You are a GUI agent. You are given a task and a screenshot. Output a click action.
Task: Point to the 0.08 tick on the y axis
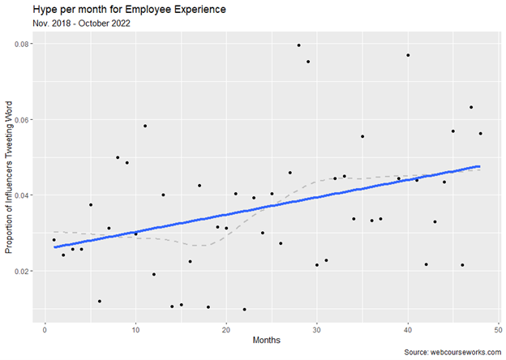(23, 44)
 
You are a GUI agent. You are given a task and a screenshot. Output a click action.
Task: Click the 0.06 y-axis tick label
(23, 119)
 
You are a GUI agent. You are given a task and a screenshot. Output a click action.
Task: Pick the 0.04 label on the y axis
(23, 195)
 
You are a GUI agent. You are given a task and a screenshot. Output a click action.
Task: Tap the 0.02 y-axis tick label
(23, 271)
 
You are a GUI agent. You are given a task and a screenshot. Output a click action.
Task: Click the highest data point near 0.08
(298, 45)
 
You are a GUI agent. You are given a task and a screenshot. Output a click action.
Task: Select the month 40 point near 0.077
(408, 55)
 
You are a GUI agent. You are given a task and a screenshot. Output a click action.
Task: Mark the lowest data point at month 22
(244, 309)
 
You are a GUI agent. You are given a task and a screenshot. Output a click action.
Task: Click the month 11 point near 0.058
(144, 126)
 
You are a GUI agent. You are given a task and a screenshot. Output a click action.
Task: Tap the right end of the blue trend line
(479, 166)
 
